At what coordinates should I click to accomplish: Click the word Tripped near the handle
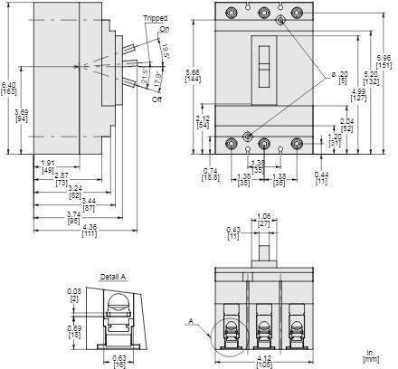(155, 18)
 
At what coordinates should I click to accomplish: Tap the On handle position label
(164, 30)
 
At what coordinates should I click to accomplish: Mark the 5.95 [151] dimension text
(384, 61)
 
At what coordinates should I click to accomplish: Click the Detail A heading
(113, 276)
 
